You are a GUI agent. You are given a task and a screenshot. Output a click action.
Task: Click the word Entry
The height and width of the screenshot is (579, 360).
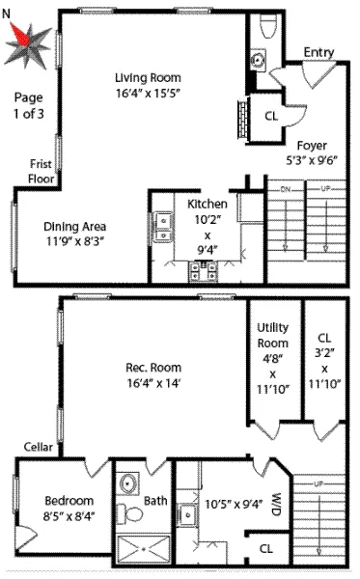[318, 52]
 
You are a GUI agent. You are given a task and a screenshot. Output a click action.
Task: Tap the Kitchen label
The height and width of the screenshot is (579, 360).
[207, 204]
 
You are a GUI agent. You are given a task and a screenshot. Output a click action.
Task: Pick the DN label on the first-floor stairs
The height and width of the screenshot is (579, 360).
[285, 189]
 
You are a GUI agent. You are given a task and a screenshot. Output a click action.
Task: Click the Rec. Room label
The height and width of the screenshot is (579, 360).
[153, 367]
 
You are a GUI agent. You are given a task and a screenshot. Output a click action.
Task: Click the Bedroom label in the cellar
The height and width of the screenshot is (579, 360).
[69, 500]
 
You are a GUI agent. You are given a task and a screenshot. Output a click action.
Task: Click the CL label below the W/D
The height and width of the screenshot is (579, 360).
[264, 551]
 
